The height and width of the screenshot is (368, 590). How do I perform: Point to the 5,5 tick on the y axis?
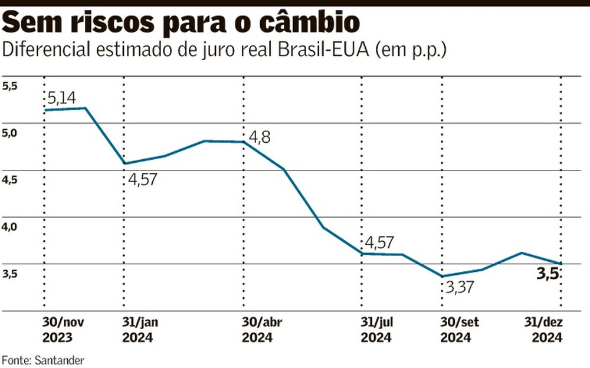(x=10, y=86)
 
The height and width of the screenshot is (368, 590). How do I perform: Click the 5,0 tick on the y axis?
(x=10, y=133)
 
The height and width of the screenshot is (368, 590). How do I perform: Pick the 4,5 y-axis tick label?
(x=10, y=180)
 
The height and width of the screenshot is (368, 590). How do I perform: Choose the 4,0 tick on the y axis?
(x=10, y=227)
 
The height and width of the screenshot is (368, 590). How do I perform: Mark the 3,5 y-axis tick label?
(x=10, y=274)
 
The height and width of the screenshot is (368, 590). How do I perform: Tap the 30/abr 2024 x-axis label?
(x=258, y=331)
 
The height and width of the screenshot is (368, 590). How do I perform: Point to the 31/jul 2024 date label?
(x=376, y=331)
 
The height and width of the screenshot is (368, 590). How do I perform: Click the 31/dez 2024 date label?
(x=542, y=331)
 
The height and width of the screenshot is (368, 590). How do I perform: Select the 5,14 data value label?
(x=61, y=98)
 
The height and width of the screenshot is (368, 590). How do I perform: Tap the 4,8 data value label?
(x=260, y=137)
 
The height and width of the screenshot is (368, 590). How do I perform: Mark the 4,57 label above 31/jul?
(x=379, y=242)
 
